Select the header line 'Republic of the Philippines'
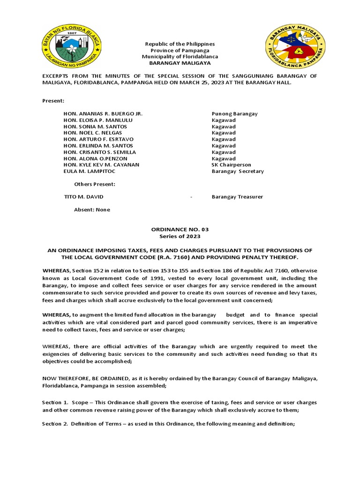point(180,44)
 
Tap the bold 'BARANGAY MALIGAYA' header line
point(180,63)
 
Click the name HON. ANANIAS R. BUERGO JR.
point(103,114)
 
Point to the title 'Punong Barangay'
point(234,114)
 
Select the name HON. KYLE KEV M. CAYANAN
point(101,165)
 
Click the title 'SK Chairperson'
point(231,165)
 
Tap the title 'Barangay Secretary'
point(238,172)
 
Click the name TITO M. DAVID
point(83,197)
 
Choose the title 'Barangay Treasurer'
point(237,197)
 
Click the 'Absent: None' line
point(92,210)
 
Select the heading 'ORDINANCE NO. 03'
point(180,229)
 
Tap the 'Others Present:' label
point(95,184)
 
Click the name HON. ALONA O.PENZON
point(95,159)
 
